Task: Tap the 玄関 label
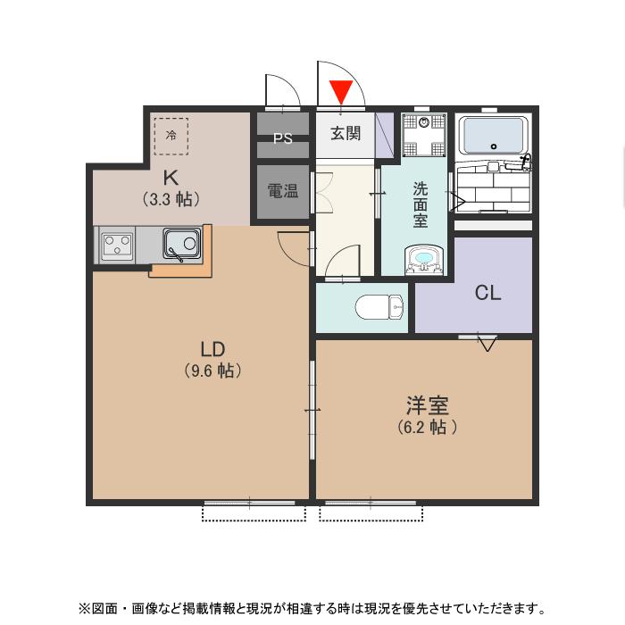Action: [346, 134]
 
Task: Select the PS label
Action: [283, 138]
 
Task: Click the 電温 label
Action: [283, 189]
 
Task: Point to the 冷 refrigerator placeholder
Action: [171, 135]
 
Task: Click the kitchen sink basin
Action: [182, 244]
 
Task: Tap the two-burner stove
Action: [117, 245]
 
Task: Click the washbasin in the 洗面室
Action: [423, 260]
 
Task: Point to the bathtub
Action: [493, 137]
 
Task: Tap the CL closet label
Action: [487, 292]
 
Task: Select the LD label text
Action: [212, 348]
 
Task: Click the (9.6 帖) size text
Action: [212, 370]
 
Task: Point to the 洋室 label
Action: [428, 405]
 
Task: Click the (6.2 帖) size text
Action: [428, 428]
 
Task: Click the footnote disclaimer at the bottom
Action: [312, 608]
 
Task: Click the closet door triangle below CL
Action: [487, 343]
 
